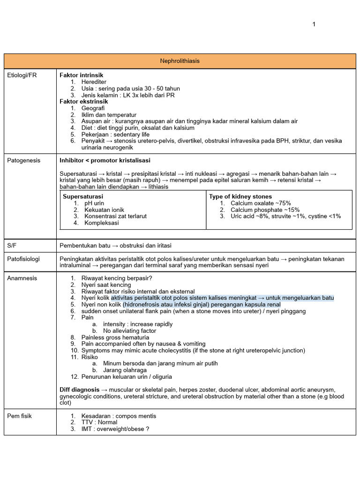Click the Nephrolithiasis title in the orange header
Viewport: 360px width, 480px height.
tap(180, 61)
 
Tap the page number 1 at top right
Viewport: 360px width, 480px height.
tap(314, 24)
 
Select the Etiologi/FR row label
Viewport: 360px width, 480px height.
tap(22, 75)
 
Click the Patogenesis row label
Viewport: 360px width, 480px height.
tap(24, 160)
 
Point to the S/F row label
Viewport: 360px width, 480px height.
tap(12, 246)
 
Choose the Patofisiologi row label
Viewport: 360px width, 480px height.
tap(23, 259)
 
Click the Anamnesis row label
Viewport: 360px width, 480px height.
tap(22, 278)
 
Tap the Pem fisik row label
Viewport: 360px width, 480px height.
tap(20, 416)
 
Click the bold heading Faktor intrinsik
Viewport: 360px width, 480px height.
tap(81, 75)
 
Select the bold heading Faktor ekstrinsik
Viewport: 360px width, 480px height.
tap(83, 101)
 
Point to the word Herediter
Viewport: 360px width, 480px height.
tap(94, 82)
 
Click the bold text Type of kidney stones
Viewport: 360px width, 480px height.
tap(240, 196)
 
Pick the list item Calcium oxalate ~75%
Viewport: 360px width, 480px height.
tap(261, 203)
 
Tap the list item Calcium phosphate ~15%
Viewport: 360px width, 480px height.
tap(265, 210)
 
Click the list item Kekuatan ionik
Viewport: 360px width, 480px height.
tap(104, 210)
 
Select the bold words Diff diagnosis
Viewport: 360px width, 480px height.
tap(79, 390)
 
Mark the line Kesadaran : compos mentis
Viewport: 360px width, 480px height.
tap(119, 416)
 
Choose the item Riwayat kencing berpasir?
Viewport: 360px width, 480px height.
tap(116, 278)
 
